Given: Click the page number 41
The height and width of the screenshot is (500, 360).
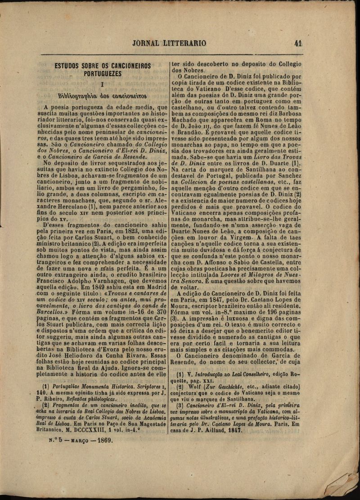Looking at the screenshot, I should (x=297, y=43).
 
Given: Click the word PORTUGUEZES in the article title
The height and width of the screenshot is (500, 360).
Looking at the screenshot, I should (x=103, y=74).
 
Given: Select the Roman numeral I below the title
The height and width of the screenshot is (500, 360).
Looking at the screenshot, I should (x=103, y=84).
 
